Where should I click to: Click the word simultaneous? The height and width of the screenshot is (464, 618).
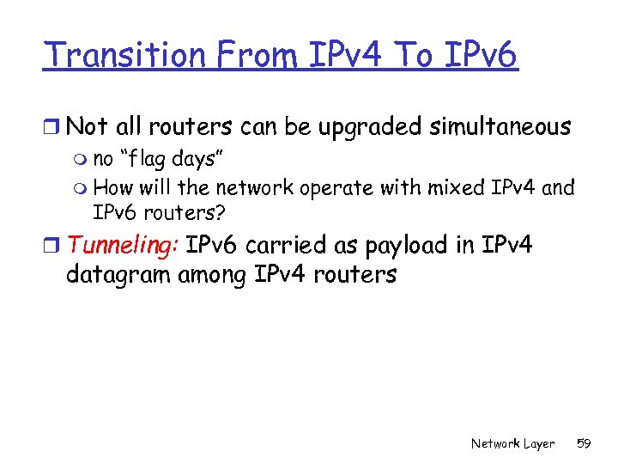pyautogui.click(x=486, y=127)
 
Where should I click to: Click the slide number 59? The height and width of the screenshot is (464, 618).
pyautogui.click(x=584, y=443)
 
